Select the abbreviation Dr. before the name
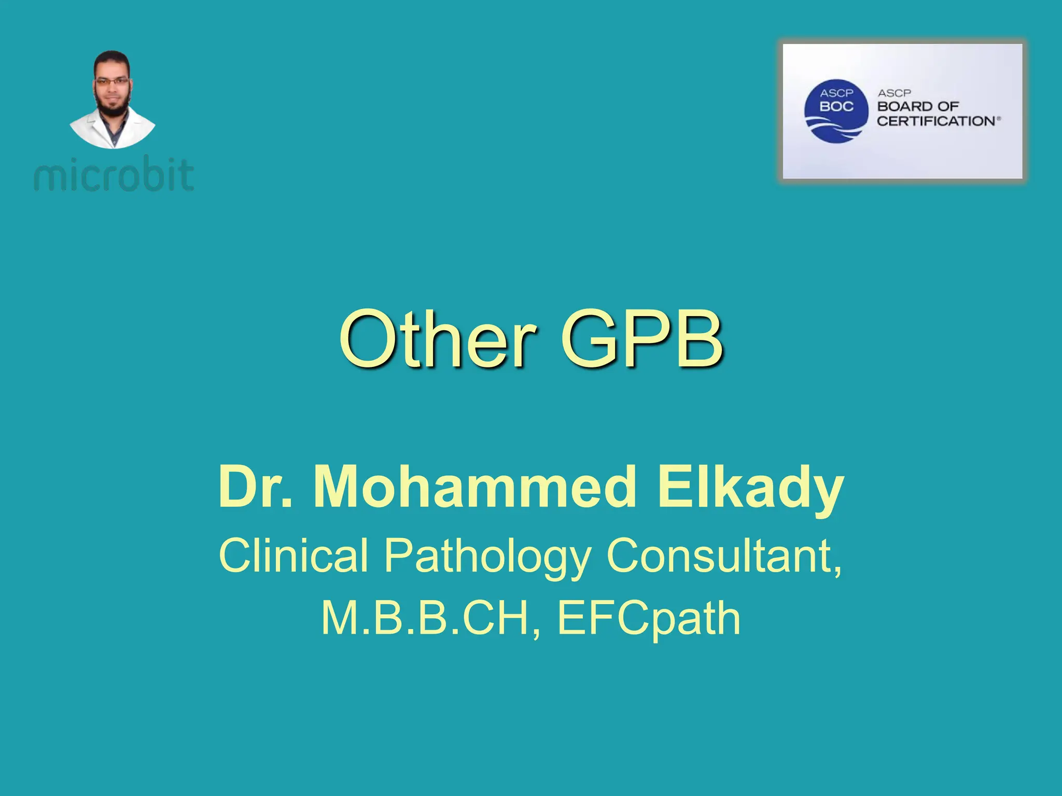click(255, 487)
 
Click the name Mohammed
click(474, 487)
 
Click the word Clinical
click(294, 556)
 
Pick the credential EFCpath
click(648, 619)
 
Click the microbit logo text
click(114, 175)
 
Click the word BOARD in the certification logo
click(904, 107)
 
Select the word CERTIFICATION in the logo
click(936, 121)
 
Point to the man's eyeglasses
click(112, 82)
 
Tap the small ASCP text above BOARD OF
click(895, 93)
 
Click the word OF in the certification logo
click(948, 107)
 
